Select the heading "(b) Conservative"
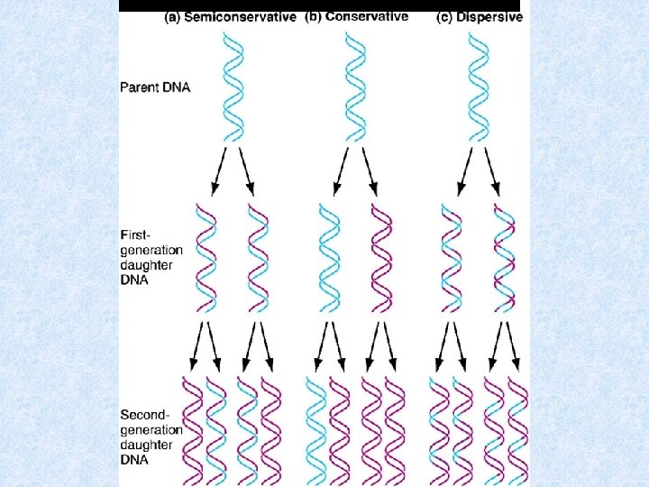pyautogui.click(x=356, y=17)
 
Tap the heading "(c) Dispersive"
pyautogui.click(x=480, y=17)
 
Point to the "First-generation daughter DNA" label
pyautogui.click(x=151, y=256)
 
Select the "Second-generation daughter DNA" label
pyautogui.click(x=151, y=436)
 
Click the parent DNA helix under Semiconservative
pyautogui.click(x=233, y=87)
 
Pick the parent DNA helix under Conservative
pyautogui.click(x=353, y=87)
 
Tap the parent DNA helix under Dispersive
pyautogui.click(x=479, y=87)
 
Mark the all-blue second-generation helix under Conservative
pyautogui.click(x=317, y=431)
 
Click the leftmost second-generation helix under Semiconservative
pyautogui.click(x=192, y=431)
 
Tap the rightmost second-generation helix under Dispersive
pyautogui.click(x=517, y=431)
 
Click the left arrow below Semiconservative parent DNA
pyautogui.click(x=217, y=171)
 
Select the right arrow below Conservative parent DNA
pyautogui.click(x=370, y=171)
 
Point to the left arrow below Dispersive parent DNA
pyautogui.click(x=464, y=171)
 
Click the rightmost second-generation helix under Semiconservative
pyautogui.click(x=270, y=431)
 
